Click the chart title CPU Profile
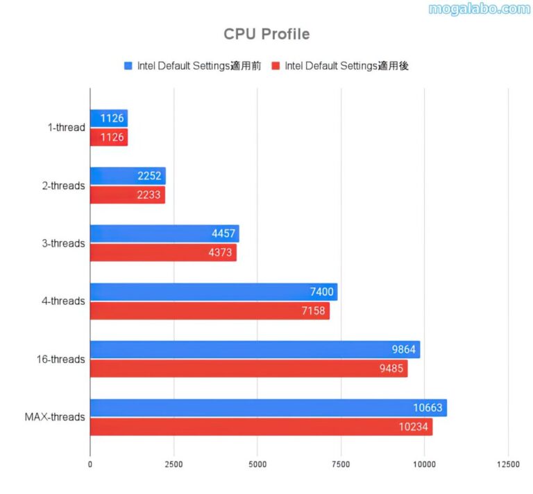coord(266,33)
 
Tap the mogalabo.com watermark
coord(479,9)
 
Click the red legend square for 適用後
coord(276,66)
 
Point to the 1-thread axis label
coord(67,127)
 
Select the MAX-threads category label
coord(55,417)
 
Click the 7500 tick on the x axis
coord(341,464)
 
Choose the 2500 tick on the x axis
coord(174,464)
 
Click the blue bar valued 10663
coord(268,408)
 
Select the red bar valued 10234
coord(261,427)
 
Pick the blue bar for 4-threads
coord(213,292)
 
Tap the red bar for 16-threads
coord(248,369)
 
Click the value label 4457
coord(224,234)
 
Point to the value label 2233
coord(151,195)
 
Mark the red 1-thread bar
coord(109,137)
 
